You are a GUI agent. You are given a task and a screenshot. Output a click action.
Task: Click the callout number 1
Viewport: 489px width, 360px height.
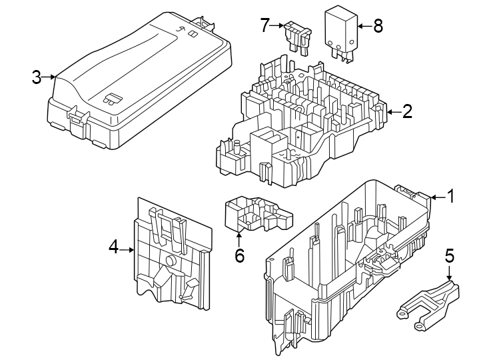(450, 197)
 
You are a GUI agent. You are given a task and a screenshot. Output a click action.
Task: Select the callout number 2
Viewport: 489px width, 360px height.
(408, 111)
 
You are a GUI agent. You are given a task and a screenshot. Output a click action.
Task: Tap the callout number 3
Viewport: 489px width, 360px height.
(37, 77)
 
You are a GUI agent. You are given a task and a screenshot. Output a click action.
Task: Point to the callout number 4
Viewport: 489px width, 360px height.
(114, 248)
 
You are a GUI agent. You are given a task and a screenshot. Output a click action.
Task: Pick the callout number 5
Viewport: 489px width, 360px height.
(449, 255)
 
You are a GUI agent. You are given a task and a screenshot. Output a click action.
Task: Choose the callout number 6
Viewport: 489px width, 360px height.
(239, 255)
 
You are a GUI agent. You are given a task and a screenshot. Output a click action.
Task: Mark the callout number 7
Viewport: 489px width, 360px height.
(265, 26)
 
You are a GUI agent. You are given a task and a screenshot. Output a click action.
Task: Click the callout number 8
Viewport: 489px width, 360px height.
(378, 26)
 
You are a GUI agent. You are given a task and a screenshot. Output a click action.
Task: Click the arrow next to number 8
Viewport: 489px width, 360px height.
(362, 26)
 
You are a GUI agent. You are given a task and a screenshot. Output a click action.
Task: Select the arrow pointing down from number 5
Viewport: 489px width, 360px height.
(449, 272)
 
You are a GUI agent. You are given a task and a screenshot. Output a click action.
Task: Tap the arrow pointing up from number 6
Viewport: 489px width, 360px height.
(239, 239)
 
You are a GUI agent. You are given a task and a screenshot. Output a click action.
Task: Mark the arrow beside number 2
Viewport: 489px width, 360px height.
(393, 111)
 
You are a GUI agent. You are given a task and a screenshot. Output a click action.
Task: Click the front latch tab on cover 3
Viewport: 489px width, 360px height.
(79, 119)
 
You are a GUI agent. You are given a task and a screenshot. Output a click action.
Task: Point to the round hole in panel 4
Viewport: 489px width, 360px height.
(171, 262)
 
